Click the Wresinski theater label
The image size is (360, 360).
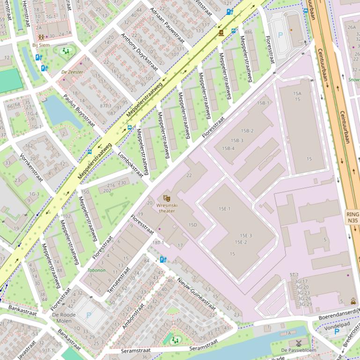166,208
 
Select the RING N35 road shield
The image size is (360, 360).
353,217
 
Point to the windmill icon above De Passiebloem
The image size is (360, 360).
299,343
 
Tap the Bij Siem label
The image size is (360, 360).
41,45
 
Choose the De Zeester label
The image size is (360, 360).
72,72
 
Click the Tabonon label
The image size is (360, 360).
96,270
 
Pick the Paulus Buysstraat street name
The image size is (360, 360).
79,110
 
